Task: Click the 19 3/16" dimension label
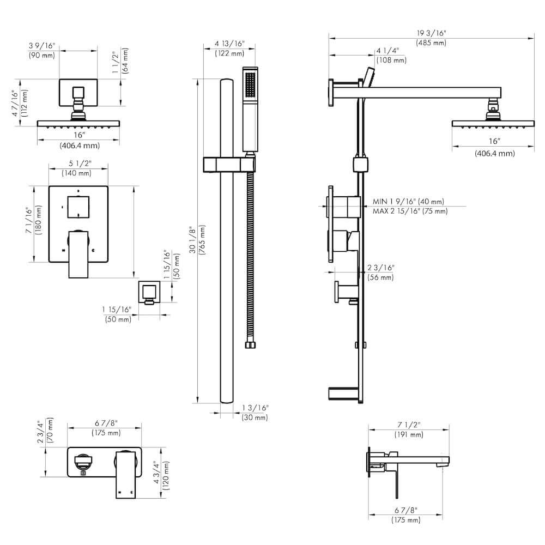[x=431, y=33]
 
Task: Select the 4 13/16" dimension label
[x=229, y=44]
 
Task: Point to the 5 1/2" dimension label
[x=79, y=163]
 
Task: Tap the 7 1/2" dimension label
[x=409, y=425]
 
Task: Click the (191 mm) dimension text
[x=409, y=434]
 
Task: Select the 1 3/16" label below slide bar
[x=255, y=408]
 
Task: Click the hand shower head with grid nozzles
[x=250, y=86]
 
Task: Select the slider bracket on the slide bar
[x=229, y=164]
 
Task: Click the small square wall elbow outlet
[x=148, y=292]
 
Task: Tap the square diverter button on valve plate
[x=78, y=205]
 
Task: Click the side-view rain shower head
[x=493, y=123]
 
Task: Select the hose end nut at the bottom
[x=250, y=344]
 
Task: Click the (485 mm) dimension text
[x=431, y=42]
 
